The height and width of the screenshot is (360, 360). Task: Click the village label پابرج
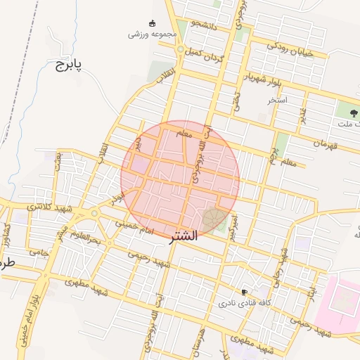(68, 65)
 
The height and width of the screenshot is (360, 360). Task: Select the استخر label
(278, 101)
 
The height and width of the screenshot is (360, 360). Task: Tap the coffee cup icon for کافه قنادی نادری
(244, 292)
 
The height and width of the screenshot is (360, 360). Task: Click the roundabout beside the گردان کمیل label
(181, 50)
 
